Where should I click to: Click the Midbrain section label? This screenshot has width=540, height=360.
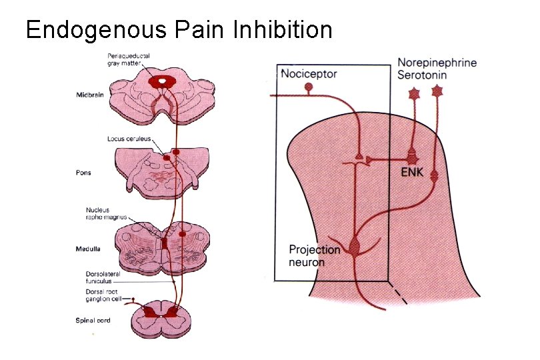89,95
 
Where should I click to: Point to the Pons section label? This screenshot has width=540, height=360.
83,172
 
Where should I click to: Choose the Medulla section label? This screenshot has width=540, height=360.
88,249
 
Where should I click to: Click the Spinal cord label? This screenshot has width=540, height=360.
93,321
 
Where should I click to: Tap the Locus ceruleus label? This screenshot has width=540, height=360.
129,139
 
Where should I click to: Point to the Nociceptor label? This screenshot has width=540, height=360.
309,74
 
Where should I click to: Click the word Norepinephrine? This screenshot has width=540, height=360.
437,63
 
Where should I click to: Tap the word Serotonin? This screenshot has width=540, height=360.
422,75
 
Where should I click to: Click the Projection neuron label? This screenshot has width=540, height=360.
314,256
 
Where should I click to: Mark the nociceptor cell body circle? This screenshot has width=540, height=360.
308,87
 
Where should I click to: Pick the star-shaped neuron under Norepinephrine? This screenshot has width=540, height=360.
414,94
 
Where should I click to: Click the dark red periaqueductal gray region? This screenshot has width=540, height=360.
161,81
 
